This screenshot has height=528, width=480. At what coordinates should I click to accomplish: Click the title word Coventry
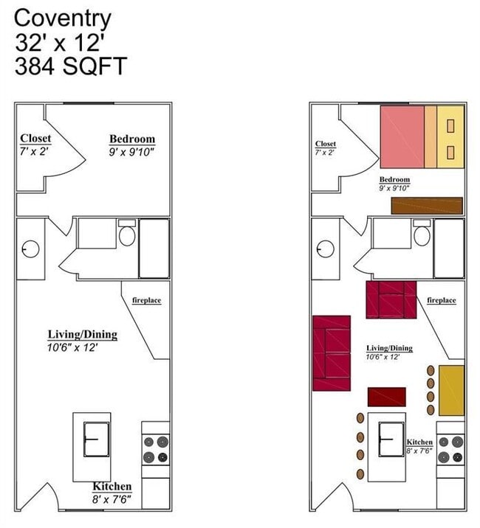(64, 18)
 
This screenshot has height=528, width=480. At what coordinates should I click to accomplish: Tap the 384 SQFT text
(71, 66)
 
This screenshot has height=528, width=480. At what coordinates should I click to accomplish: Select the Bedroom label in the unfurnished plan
(132, 139)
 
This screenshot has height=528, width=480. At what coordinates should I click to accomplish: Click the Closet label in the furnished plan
(325, 144)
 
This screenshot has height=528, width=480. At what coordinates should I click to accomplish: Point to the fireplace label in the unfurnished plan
(146, 300)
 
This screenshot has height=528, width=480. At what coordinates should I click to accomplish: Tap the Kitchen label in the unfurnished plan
(112, 487)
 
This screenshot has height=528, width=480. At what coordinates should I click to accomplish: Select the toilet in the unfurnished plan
(126, 236)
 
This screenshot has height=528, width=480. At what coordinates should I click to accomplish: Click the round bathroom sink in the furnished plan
(324, 249)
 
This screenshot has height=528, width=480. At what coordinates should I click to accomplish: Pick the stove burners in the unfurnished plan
(155, 450)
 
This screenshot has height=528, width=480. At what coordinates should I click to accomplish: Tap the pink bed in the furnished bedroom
(402, 136)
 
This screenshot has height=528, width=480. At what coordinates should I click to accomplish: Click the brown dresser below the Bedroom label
(427, 206)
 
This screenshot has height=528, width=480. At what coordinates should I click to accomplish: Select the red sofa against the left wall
(331, 353)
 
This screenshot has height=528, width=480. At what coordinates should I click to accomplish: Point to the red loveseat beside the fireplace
(391, 299)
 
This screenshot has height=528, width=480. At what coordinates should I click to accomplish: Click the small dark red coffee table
(387, 397)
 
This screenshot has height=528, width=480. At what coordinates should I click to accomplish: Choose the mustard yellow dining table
(451, 389)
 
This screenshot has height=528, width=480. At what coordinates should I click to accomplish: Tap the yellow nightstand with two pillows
(450, 136)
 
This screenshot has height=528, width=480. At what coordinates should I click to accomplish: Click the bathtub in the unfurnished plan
(154, 249)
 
